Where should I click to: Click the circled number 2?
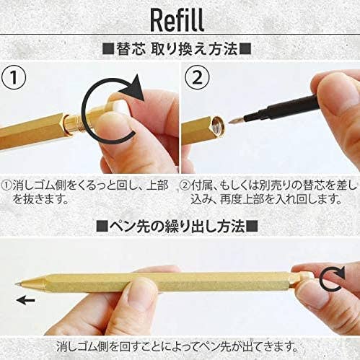(199, 77)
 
